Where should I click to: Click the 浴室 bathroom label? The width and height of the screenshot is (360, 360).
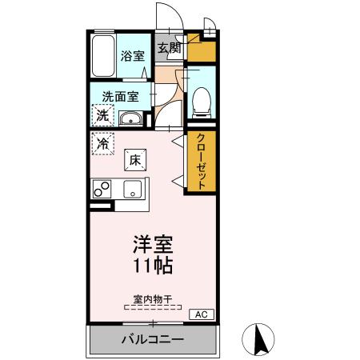click(131, 56)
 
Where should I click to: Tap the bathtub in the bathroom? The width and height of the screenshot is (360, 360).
click(102, 57)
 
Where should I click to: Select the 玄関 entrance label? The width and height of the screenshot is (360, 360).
click(169, 48)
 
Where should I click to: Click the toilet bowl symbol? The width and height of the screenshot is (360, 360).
click(201, 98)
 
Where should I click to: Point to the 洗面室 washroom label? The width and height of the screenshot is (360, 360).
click(120, 96)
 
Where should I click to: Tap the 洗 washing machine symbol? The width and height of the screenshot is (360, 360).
click(102, 116)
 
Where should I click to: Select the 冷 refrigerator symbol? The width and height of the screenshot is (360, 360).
click(102, 144)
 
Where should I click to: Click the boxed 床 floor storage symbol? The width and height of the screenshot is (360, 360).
click(134, 159)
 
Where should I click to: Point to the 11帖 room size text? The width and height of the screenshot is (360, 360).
click(152, 265)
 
